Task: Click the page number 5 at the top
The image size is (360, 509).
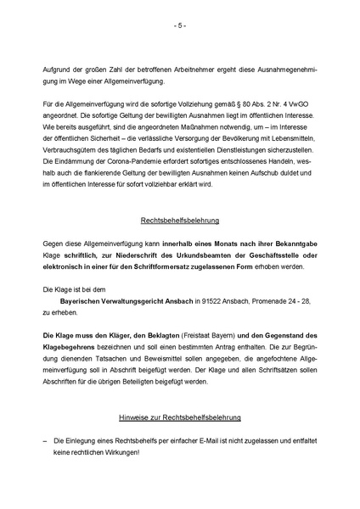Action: [x=180, y=25]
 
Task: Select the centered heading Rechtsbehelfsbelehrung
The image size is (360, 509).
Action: [x=180, y=220]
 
